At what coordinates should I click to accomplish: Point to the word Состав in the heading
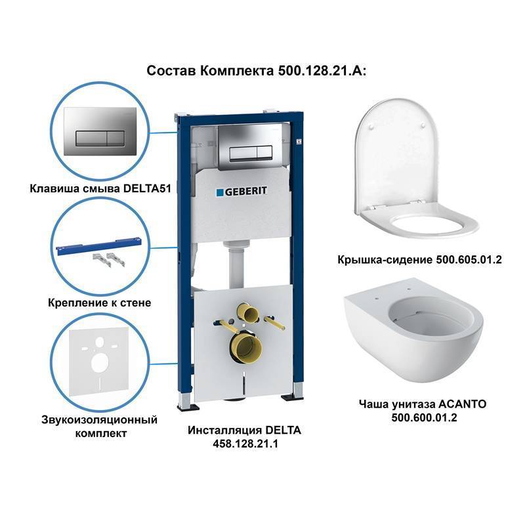pos(167,71)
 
